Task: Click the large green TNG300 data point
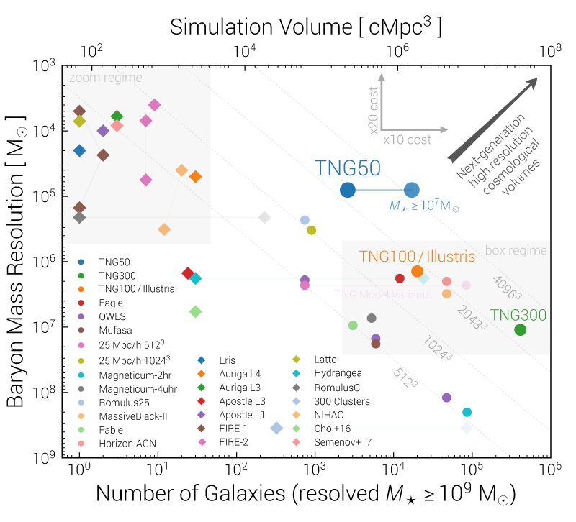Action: [x=520, y=330]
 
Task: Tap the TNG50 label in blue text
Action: [x=348, y=168]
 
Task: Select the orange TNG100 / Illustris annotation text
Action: [x=417, y=257]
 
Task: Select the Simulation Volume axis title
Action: [x=306, y=27]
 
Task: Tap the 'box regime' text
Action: [x=516, y=251]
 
